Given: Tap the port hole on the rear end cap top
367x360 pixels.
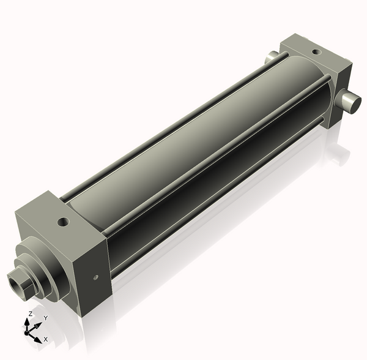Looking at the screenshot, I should tap(316, 52).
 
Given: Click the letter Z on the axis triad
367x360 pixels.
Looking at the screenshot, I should tap(30, 314).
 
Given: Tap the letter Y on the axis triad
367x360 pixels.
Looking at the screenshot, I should tap(45, 318).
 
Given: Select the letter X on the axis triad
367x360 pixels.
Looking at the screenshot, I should tap(45, 339).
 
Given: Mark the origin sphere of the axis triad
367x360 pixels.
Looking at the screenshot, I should tap(27, 332).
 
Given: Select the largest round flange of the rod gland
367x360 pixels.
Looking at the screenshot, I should tap(50, 270).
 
